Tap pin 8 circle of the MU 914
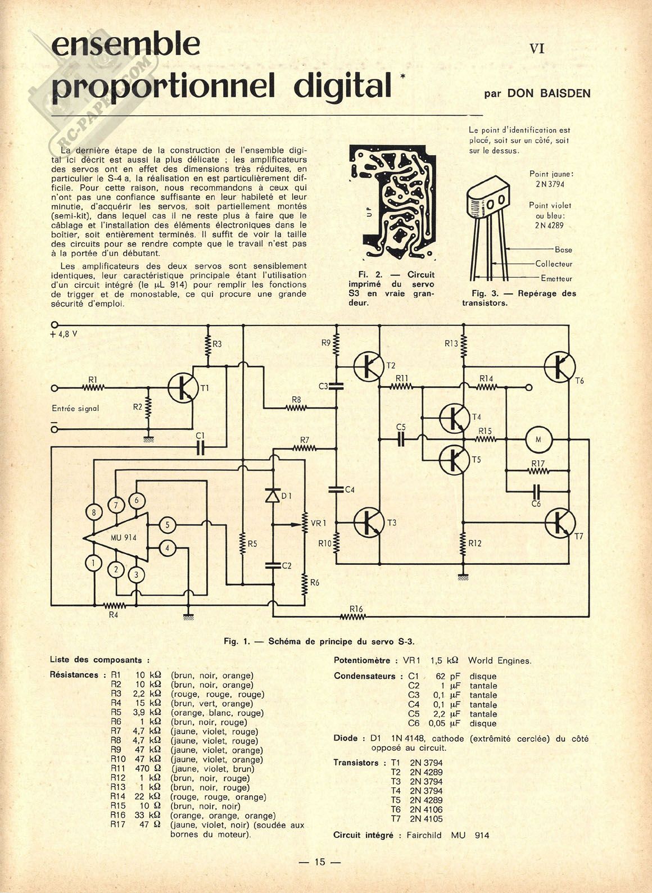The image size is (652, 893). [x=94, y=512]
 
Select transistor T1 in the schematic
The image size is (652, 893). [x=183, y=388]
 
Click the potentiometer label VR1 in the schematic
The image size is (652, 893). [x=317, y=523]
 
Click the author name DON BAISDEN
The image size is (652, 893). [x=549, y=93]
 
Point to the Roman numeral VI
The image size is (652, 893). [x=537, y=49]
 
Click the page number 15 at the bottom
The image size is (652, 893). [x=320, y=862]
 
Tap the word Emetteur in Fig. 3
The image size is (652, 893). [x=556, y=278]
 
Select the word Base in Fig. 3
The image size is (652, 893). [x=563, y=250]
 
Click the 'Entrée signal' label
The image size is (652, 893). [x=75, y=409]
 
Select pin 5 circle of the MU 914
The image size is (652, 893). [x=167, y=525]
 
